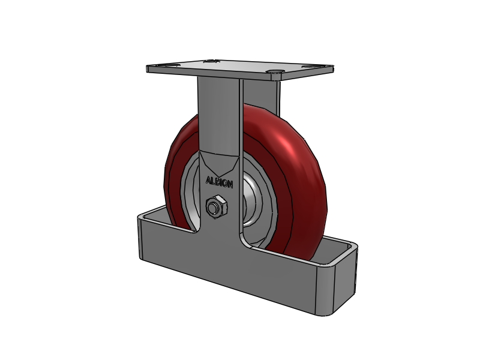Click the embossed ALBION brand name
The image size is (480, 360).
[x=220, y=181]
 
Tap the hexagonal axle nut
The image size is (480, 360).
[x=215, y=207]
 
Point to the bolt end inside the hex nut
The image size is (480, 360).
[x=213, y=208]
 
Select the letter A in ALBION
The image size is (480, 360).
[x=208, y=179]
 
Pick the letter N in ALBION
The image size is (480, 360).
[x=231, y=184]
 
